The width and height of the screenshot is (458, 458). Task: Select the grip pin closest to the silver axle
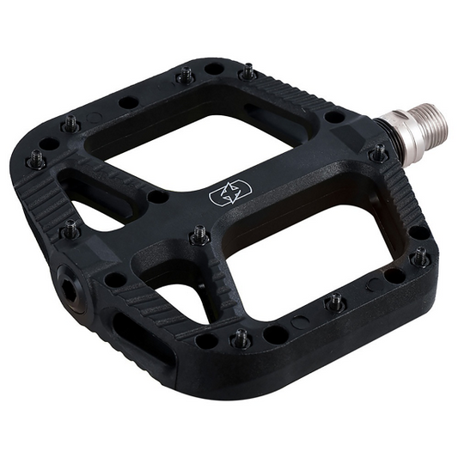[x=377, y=154]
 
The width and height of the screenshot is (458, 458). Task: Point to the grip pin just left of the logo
[x=199, y=234]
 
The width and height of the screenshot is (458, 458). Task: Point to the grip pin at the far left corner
[x=37, y=159]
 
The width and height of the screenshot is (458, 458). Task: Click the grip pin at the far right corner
[x=420, y=257]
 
